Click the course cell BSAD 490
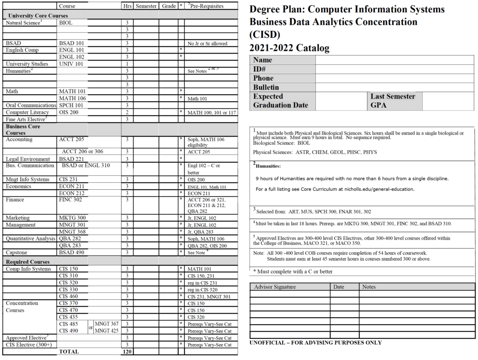(x=72, y=253)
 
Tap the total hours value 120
(x=127, y=352)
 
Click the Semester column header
(x=146, y=6)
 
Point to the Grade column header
(x=169, y=6)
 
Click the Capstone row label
(x=17, y=253)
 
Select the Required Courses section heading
(x=28, y=262)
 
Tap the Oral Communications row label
(x=31, y=105)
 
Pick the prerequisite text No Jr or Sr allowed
(x=207, y=43)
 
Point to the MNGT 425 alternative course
(x=106, y=331)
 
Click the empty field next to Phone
(x=395, y=78)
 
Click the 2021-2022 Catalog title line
(x=290, y=48)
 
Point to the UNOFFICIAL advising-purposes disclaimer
(x=316, y=343)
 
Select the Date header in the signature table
(x=339, y=287)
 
